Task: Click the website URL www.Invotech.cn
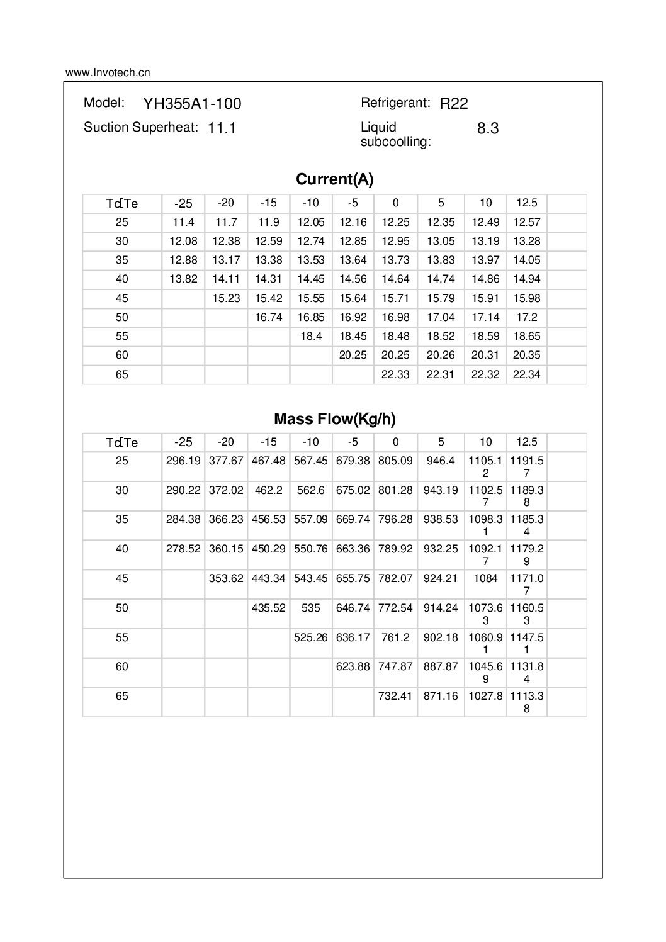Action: [108, 72]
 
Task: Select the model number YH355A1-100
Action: [192, 104]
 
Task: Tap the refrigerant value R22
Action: [454, 104]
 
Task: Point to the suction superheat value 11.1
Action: [222, 128]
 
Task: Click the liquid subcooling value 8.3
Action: [488, 128]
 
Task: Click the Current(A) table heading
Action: [334, 179]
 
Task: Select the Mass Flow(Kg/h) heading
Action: [334, 419]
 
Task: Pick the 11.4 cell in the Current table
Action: [183, 222]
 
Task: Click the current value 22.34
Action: [526, 374]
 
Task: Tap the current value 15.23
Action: [226, 298]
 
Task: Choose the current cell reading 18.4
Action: [311, 336]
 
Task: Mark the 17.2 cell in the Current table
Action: [526, 317]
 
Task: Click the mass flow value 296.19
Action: [183, 461]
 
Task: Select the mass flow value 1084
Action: [485, 578]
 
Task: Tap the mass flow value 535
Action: [311, 608]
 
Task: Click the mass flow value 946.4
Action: [441, 461]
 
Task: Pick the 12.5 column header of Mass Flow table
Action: [526, 442]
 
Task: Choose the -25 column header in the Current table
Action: [183, 203]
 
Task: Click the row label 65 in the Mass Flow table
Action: [122, 696]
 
